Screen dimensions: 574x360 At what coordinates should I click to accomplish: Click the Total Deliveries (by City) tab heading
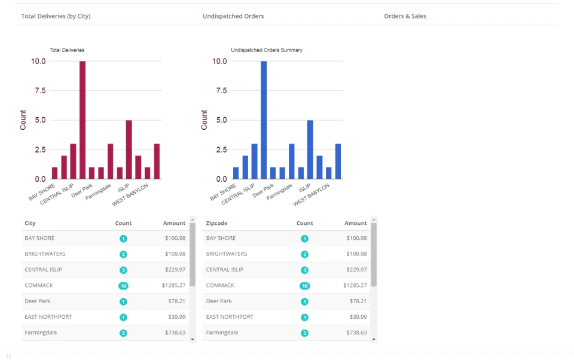(56, 16)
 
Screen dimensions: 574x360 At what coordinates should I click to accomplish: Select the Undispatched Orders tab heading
(233, 16)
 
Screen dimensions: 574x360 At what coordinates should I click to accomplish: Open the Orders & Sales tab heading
(405, 16)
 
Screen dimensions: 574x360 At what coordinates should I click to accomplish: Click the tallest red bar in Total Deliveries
(83, 120)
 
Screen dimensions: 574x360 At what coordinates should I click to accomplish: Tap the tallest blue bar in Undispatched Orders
(264, 120)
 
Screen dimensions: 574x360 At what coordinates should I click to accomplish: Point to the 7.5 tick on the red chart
(40, 90)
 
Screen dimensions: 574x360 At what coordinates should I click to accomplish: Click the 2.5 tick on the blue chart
(221, 150)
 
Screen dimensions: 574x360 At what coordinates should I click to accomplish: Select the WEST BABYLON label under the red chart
(130, 194)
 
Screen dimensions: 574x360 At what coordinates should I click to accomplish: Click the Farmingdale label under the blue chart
(279, 192)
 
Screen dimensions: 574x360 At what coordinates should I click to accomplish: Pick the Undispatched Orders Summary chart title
(267, 50)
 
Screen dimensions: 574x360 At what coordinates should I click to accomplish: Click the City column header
(30, 223)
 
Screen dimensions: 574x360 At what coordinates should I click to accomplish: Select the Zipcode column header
(216, 223)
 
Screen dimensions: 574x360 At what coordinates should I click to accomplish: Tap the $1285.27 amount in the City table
(173, 285)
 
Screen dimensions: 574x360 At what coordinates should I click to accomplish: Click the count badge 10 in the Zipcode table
(304, 286)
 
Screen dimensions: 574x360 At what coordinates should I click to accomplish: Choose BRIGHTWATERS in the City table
(45, 254)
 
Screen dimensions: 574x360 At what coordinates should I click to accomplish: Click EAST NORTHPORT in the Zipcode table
(230, 317)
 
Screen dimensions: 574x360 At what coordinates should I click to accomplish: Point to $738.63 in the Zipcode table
(356, 332)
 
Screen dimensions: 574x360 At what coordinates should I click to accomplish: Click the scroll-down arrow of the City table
(193, 340)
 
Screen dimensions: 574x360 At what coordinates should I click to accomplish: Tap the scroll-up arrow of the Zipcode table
(374, 219)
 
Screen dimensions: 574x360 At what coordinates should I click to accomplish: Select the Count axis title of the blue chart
(204, 120)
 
